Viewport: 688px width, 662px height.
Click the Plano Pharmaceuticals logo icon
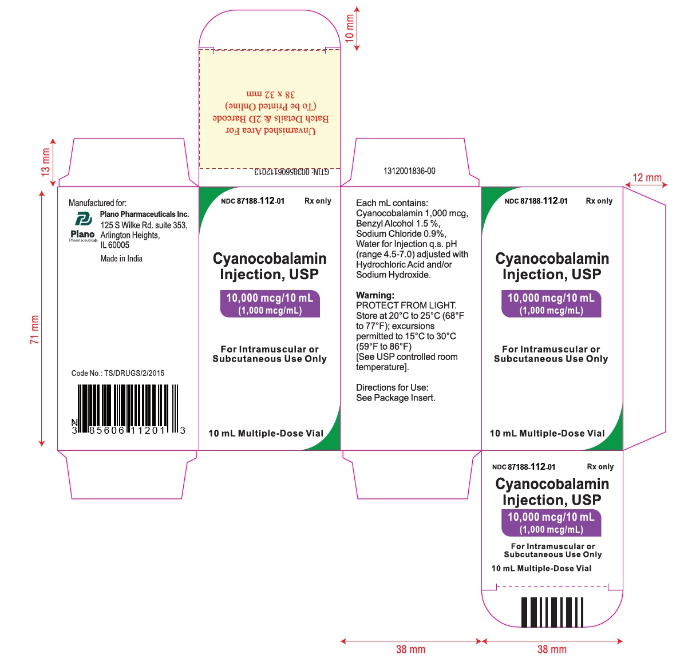pyautogui.click(x=84, y=219)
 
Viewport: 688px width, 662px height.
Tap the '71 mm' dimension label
pyautogui.click(x=34, y=330)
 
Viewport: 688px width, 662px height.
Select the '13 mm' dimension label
pyautogui.click(x=46, y=162)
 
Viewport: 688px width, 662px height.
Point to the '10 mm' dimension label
pyautogui.click(x=349, y=28)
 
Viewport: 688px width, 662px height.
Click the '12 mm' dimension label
pyautogui.click(x=647, y=178)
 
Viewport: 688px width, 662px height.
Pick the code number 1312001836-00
pyautogui.click(x=409, y=172)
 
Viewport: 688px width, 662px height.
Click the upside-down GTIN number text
pyautogui.click(x=291, y=172)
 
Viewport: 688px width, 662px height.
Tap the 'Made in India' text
pyautogui.click(x=121, y=259)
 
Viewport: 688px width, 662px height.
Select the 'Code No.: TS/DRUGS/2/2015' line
pyautogui.click(x=118, y=373)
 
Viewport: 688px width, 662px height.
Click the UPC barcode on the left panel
pyautogui.click(x=128, y=409)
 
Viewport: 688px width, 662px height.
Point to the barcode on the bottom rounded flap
pyautogui.click(x=552, y=613)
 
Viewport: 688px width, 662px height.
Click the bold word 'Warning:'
pyautogui.click(x=375, y=295)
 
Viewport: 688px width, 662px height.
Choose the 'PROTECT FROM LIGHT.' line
pyautogui.click(x=406, y=306)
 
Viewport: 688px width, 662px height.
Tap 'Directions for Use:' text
pyautogui.click(x=392, y=387)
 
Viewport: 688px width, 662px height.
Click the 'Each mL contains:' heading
pyautogui.click(x=392, y=203)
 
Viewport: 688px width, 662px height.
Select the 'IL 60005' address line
pyautogui.click(x=115, y=245)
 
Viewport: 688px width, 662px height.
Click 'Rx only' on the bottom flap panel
pyautogui.click(x=600, y=467)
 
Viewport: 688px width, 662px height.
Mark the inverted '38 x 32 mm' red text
pyautogui.click(x=271, y=94)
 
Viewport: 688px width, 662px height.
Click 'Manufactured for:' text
pyautogui.click(x=97, y=203)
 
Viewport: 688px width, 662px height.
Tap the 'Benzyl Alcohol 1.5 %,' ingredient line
pyautogui.click(x=398, y=223)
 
